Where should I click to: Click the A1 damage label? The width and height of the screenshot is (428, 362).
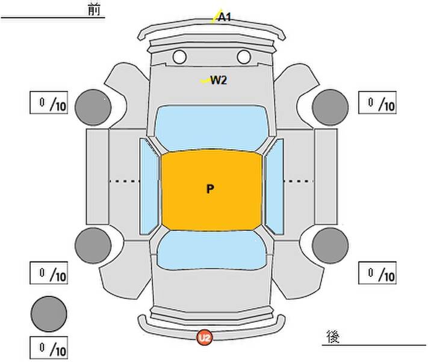(x=225, y=17)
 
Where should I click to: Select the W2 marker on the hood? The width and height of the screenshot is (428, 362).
(x=218, y=80)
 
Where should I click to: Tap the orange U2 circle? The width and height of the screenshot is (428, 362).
(x=205, y=338)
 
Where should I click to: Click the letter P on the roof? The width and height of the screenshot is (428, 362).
(x=210, y=189)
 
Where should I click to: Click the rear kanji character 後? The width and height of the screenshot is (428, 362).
(x=332, y=336)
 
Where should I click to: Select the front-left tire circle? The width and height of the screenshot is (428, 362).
(x=93, y=107)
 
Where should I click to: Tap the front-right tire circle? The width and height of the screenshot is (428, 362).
(x=330, y=107)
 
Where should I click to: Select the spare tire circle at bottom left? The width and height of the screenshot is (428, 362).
(x=49, y=313)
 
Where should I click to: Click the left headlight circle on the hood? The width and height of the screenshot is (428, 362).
(x=179, y=57)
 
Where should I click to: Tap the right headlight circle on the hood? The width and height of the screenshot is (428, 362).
(x=244, y=57)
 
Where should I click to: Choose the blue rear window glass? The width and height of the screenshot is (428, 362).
(x=211, y=250)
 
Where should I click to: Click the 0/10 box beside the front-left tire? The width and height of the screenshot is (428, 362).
(x=49, y=103)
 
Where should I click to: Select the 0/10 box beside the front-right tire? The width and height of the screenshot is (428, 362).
(x=377, y=103)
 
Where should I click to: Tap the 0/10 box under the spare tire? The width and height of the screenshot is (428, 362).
(x=49, y=348)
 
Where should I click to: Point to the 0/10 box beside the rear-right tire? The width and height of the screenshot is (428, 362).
(x=377, y=273)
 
